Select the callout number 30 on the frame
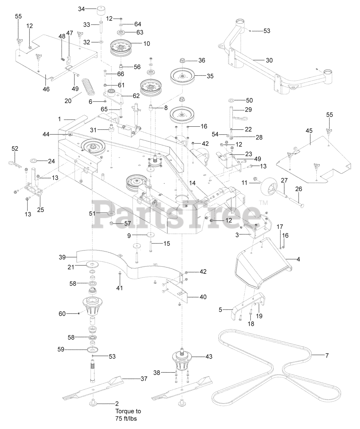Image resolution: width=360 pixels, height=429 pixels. pyautogui.click(x=269, y=60)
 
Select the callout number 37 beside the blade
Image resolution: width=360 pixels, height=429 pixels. pyautogui.click(x=144, y=379)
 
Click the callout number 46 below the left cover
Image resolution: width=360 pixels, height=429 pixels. pyautogui.click(x=46, y=89)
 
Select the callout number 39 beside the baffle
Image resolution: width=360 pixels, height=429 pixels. pyautogui.click(x=62, y=257)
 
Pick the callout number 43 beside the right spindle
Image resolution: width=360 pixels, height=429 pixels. pyautogui.click(x=209, y=357)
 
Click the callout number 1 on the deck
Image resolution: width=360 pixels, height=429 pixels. pyautogui.click(x=59, y=119)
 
